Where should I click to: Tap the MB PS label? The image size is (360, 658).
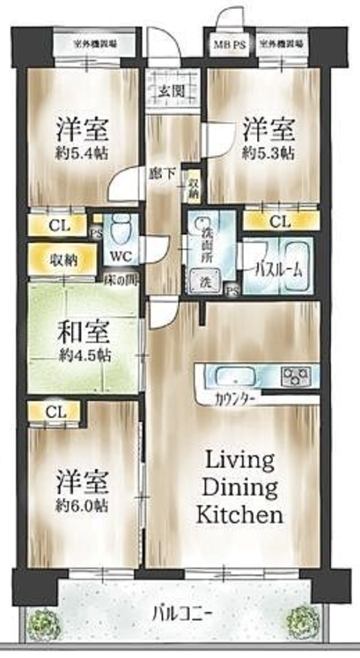click(228, 44)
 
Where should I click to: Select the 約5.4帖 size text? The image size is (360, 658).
click(82, 153)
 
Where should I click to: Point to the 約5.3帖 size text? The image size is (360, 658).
click(268, 153)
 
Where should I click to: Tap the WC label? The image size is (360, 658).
click(120, 257)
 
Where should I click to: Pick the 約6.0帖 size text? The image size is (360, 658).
click(82, 504)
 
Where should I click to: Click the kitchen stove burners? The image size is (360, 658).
click(296, 373)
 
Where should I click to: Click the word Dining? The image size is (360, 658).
click(240, 487)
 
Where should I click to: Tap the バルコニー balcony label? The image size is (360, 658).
click(179, 612)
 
